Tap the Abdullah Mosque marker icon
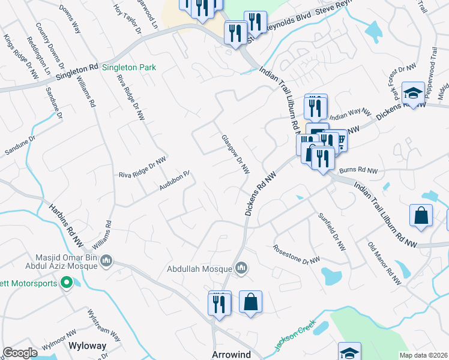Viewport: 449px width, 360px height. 241,268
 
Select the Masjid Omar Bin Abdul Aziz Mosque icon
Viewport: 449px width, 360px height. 106,261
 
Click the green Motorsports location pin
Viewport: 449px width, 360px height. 67,283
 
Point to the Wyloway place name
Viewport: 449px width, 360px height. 87,346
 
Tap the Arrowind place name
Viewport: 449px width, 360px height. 231,355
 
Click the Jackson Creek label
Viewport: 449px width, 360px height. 291,339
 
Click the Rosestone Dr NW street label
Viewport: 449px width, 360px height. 297,254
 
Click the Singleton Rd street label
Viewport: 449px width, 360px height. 76,73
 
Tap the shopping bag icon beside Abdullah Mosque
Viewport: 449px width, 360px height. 250,302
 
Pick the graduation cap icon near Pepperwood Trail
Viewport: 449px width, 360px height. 413,92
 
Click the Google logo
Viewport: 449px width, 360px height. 20,353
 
